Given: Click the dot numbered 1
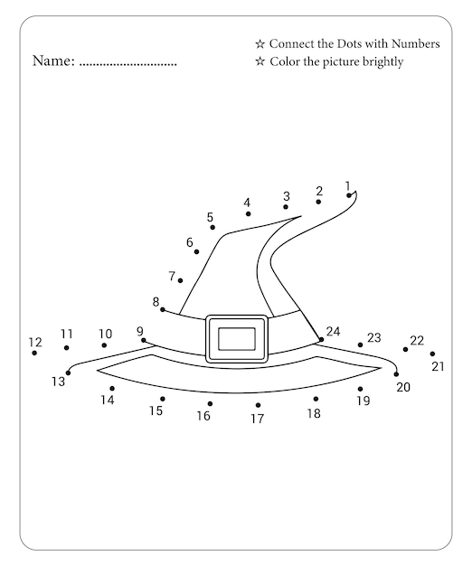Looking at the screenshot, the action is pyautogui.click(x=349, y=195).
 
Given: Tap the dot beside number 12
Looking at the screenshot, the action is pyautogui.click(x=34, y=353).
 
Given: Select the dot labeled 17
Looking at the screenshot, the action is pyautogui.click(x=258, y=405).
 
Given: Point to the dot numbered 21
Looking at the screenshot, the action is pyautogui.click(x=432, y=354).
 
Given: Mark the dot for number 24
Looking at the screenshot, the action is pyautogui.click(x=321, y=339).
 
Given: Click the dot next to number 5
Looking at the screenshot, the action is pyautogui.click(x=212, y=227).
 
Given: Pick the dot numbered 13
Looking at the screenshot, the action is pyautogui.click(x=68, y=373).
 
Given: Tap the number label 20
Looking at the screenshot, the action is pyautogui.click(x=403, y=387).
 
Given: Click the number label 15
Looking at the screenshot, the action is pyautogui.click(x=156, y=410).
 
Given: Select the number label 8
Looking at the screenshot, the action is pyautogui.click(x=156, y=301).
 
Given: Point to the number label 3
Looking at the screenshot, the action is pyautogui.click(x=286, y=196).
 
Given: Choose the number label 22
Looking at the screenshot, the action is pyautogui.click(x=417, y=340).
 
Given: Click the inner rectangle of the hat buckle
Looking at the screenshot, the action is pyautogui.click(x=237, y=339).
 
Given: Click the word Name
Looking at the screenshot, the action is pyautogui.click(x=53, y=61).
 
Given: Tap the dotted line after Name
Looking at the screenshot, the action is pyautogui.click(x=127, y=65).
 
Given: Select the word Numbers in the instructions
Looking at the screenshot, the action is pyautogui.click(x=415, y=43).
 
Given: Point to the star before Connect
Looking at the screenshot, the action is pyautogui.click(x=260, y=44).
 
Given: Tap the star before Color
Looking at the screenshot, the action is pyautogui.click(x=260, y=61).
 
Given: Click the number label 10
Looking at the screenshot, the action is pyautogui.click(x=106, y=334).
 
